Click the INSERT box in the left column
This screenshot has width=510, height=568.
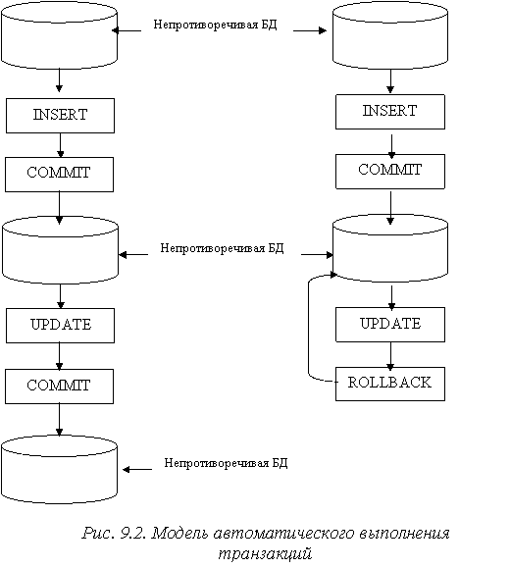pyautogui.click(x=60, y=116)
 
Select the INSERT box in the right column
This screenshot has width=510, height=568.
pyautogui.click(x=390, y=112)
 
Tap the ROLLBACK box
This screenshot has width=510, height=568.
pyautogui.click(x=390, y=384)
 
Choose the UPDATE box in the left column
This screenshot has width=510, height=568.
pyautogui.click(x=60, y=326)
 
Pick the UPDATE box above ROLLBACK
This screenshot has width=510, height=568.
pyautogui.click(x=390, y=325)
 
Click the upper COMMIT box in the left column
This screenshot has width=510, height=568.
pyautogui.click(x=59, y=175)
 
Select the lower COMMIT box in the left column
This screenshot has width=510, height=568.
pyautogui.click(x=59, y=387)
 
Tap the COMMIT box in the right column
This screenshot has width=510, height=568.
pyautogui.click(x=390, y=172)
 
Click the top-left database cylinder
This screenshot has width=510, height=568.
pyautogui.click(x=59, y=35)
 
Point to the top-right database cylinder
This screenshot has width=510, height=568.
pyautogui.click(x=390, y=35)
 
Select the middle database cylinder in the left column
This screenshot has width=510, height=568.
pyautogui.click(x=60, y=250)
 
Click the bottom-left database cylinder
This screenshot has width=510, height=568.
pyautogui.click(x=59, y=470)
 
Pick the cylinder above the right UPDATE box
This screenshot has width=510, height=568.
pyautogui.click(x=390, y=248)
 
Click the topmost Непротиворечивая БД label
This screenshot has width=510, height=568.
pyautogui.click(x=215, y=25)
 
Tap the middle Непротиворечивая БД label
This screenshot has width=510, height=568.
pyautogui.click(x=222, y=248)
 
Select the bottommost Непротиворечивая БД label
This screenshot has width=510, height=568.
pyautogui.click(x=226, y=463)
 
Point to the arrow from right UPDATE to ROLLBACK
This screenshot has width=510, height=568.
pyautogui.click(x=390, y=356)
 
